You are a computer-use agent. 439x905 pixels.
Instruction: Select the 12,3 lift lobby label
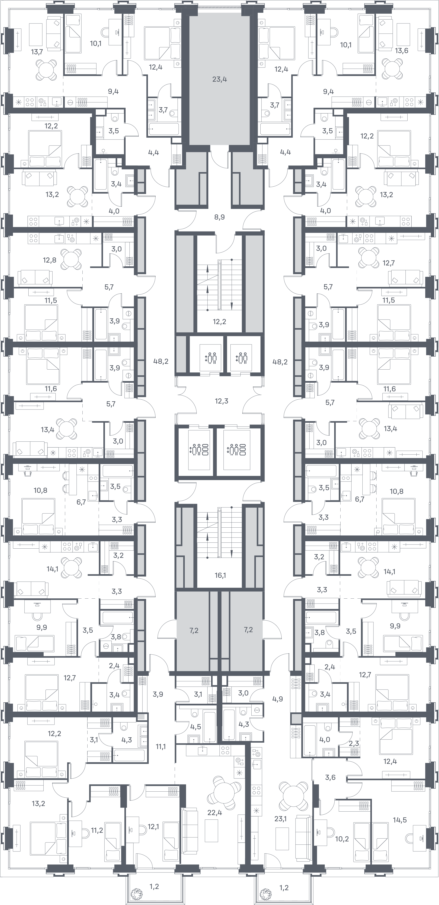point(221,401)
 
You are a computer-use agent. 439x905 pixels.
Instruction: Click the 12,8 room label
point(50,260)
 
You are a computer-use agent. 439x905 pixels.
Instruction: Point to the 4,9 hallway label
point(278,699)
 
